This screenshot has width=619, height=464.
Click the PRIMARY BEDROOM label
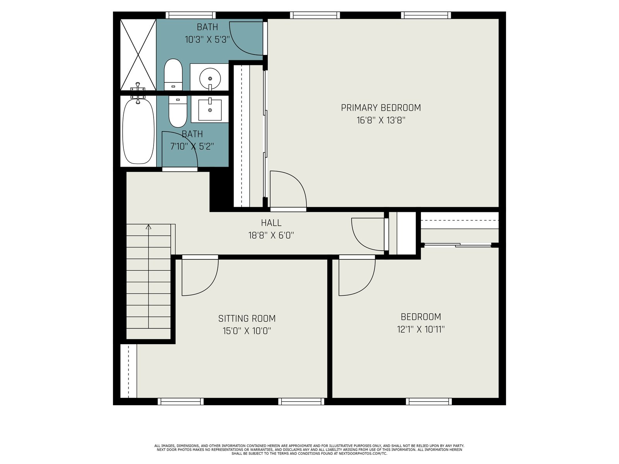click(381, 107)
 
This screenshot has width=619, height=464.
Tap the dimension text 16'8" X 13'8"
click(381, 120)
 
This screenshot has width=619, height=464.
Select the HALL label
click(271, 223)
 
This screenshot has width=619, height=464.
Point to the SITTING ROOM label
click(247, 318)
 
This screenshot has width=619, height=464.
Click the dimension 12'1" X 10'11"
click(421, 329)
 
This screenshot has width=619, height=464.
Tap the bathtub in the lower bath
click(138, 131)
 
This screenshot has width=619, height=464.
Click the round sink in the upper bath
click(210, 78)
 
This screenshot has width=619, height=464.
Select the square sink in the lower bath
click(210, 109)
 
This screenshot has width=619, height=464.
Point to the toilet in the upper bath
click(173, 74)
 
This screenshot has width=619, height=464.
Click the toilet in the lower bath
click(178, 112)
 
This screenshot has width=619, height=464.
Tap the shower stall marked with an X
click(138, 55)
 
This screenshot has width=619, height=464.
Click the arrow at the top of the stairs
click(148, 227)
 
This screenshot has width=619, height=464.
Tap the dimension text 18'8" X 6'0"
click(271, 235)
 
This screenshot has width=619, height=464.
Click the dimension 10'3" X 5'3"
click(207, 39)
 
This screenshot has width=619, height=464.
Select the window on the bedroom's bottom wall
click(429, 401)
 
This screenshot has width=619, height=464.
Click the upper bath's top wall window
click(190, 15)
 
